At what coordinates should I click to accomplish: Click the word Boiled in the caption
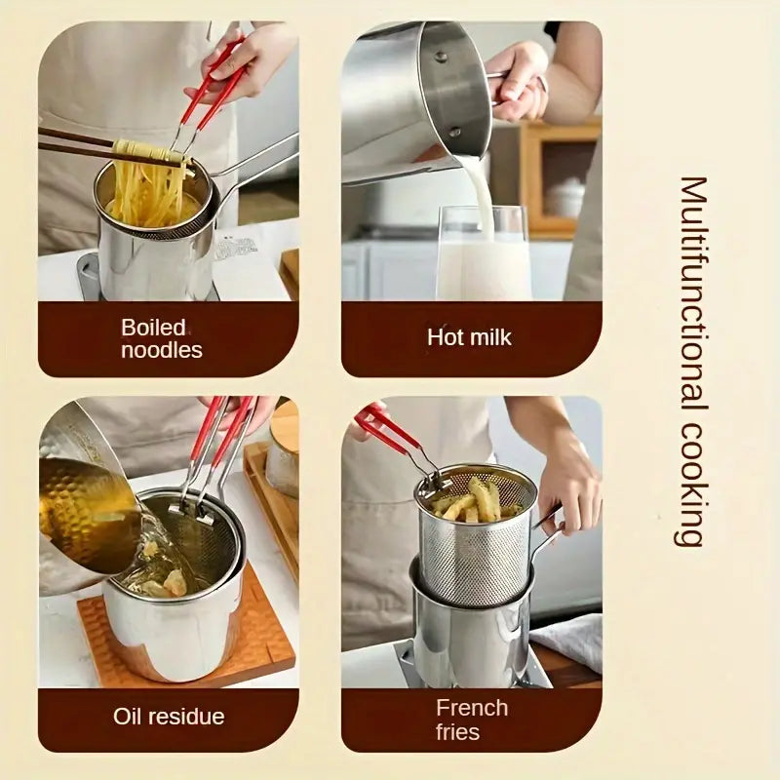(153, 328)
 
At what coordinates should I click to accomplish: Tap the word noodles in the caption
(162, 351)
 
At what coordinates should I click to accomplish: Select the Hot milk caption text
(469, 338)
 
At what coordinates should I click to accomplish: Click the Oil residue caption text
(169, 717)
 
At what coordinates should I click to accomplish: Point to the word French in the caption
(472, 708)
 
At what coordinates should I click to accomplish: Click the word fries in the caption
(458, 731)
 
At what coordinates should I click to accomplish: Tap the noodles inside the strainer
(146, 190)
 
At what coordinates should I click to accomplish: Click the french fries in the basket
(473, 500)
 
